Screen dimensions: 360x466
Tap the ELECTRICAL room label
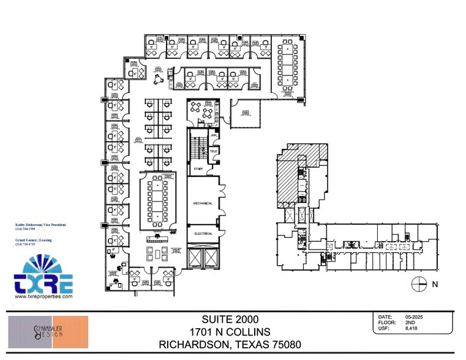(x=204, y=233)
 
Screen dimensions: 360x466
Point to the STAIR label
(x=198, y=168)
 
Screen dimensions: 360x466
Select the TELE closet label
(x=214, y=150)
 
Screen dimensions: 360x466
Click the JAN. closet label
(x=214, y=135)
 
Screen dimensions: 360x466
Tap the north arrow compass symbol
(x=419, y=283)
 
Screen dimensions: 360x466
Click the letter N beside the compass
(x=435, y=283)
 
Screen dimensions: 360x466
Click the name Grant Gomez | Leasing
(x=33, y=240)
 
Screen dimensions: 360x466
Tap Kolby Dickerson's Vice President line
(x=40, y=225)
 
